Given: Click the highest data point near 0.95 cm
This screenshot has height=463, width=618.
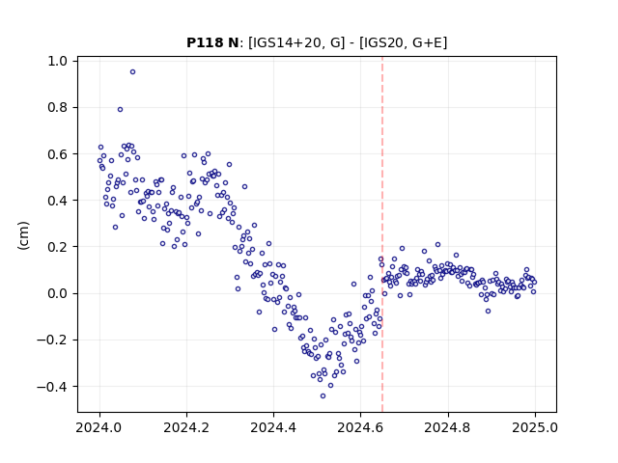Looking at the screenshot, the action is pyautogui.click(x=133, y=71).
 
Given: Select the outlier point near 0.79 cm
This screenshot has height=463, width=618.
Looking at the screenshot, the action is pyautogui.click(x=120, y=109).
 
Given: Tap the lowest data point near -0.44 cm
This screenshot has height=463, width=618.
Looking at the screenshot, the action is pyautogui.click(x=323, y=395).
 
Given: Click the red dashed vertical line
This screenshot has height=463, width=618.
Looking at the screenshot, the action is pyautogui.click(x=382, y=234).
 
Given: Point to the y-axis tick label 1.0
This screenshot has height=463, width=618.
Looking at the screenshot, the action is pyautogui.click(x=58, y=62).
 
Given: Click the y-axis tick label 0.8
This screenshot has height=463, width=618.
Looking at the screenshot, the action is pyautogui.click(x=58, y=107).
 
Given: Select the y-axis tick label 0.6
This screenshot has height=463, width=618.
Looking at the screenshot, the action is pyautogui.click(x=58, y=154).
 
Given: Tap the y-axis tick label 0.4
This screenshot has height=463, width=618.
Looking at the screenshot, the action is pyautogui.click(x=58, y=201).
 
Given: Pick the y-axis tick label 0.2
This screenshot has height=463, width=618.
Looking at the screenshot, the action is pyautogui.click(x=58, y=247).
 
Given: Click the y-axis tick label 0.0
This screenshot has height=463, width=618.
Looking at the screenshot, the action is pyautogui.click(x=58, y=293).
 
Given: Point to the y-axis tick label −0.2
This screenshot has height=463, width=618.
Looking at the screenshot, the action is pyautogui.click(x=53, y=340).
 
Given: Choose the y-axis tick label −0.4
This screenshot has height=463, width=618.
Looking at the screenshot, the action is pyautogui.click(x=53, y=386).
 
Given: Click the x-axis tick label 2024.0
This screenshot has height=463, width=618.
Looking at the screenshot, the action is pyautogui.click(x=98, y=427).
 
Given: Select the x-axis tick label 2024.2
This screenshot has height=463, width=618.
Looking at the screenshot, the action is pyautogui.click(x=186, y=427).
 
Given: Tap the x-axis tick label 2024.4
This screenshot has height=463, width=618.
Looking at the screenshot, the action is pyautogui.click(x=273, y=427).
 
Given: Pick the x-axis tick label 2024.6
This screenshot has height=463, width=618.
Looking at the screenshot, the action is pyautogui.click(x=360, y=427).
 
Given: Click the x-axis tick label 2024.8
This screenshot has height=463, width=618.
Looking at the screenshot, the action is pyautogui.click(x=447, y=427).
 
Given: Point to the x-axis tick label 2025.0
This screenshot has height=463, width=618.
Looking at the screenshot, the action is pyautogui.click(x=535, y=427).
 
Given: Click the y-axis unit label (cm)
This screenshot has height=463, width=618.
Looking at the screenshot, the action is pyautogui.click(x=23, y=235).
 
